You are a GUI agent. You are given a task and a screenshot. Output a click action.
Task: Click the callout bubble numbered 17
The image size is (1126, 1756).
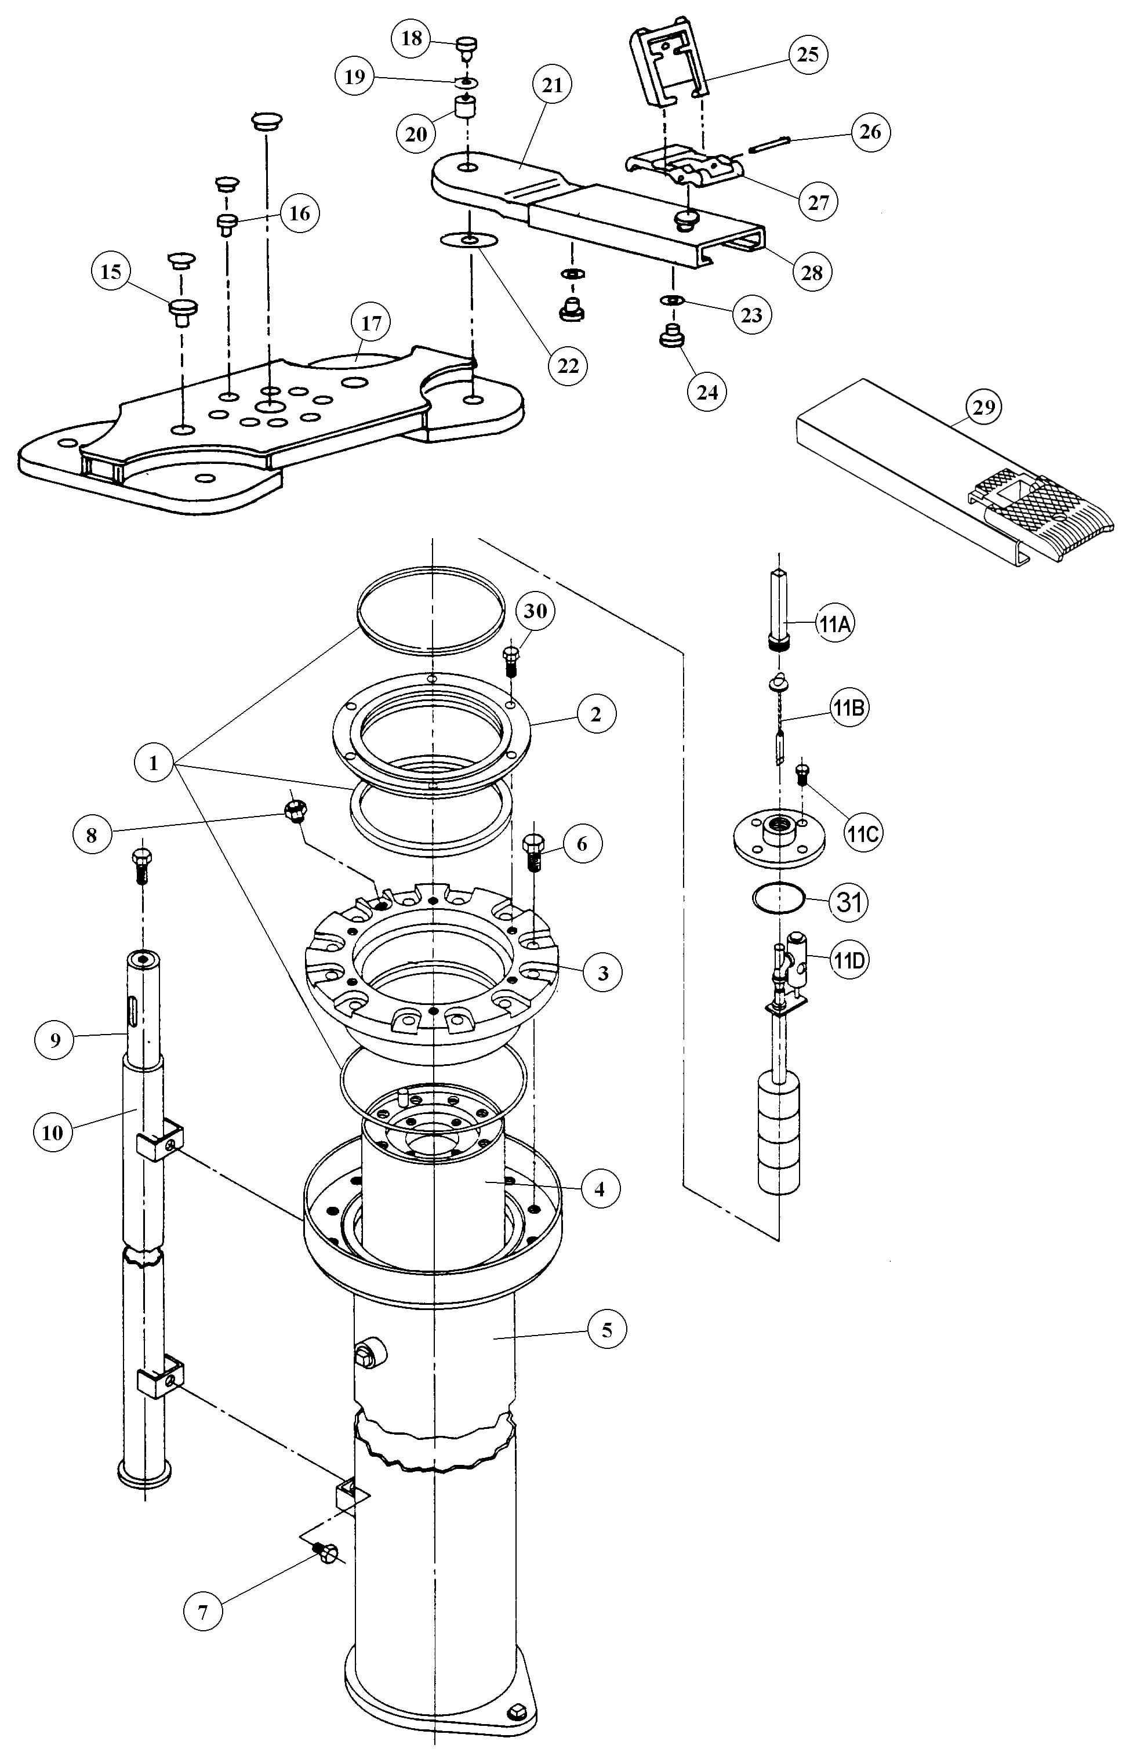pos(372,323)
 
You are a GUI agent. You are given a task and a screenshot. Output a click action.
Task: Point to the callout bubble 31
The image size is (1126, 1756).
pos(848,902)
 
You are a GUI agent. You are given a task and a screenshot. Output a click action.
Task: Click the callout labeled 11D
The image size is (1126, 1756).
pos(848,960)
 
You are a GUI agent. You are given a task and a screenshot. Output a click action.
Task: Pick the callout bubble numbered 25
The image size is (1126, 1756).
pos(807,56)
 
